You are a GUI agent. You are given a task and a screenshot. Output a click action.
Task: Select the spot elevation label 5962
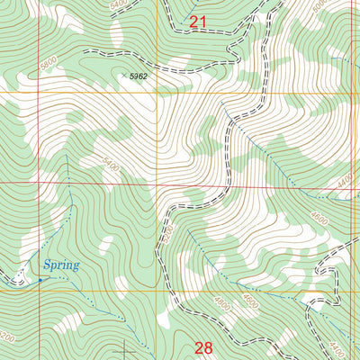click(138, 77)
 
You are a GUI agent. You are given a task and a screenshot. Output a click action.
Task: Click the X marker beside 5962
click(123, 76)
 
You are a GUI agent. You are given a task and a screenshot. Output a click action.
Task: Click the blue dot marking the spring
click(40, 280)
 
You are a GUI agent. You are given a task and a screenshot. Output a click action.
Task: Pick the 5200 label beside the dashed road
click(165, 237)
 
